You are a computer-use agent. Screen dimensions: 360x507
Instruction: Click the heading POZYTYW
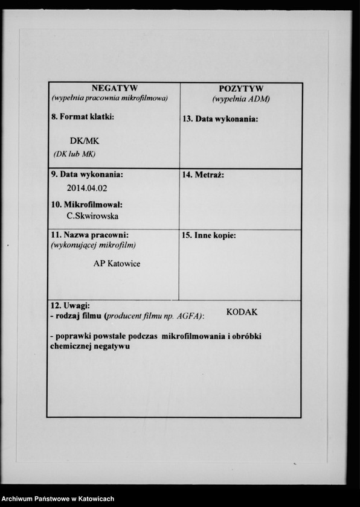241,89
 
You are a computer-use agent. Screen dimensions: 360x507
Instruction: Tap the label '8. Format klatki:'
83,116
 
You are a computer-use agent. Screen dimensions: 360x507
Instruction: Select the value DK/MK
84,140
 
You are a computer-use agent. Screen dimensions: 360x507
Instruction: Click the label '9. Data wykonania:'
87,174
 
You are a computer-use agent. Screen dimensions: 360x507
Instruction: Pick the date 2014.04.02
87,188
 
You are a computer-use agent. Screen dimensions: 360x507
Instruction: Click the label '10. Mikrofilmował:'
87,205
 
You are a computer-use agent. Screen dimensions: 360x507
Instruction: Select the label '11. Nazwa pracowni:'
89,234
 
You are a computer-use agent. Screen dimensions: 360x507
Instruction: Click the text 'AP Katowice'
117,263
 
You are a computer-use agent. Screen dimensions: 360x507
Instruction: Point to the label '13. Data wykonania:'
220,119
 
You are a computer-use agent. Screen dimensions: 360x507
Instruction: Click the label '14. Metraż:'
203,175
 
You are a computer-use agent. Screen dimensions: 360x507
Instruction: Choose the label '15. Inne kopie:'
209,235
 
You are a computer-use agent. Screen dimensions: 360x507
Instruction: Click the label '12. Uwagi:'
70,306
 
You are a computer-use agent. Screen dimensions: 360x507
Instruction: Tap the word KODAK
242,312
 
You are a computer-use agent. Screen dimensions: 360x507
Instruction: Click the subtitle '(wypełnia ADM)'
241,98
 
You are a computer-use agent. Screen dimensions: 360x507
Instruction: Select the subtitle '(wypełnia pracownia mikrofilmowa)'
109,98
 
